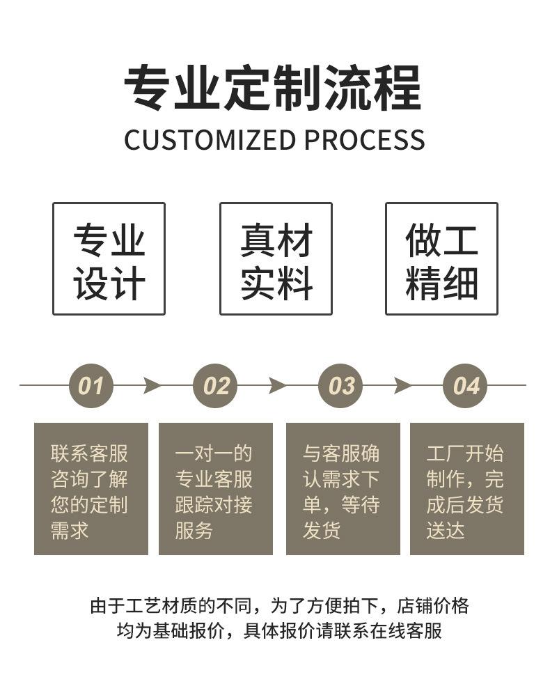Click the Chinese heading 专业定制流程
273,88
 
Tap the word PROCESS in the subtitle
364,140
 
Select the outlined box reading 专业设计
109,258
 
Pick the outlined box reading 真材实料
276,258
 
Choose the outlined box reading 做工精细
441,258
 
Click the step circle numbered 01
91,385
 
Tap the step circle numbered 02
216,385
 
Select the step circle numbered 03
341,385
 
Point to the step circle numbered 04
466,385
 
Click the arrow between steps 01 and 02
152,385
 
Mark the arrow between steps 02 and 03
278,385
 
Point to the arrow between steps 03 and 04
402,385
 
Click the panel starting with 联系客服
91,488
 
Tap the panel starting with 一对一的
215,488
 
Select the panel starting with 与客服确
343,488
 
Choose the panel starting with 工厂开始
466,488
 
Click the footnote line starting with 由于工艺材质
279,605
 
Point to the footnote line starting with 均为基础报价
279,631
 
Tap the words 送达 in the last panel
446,531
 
